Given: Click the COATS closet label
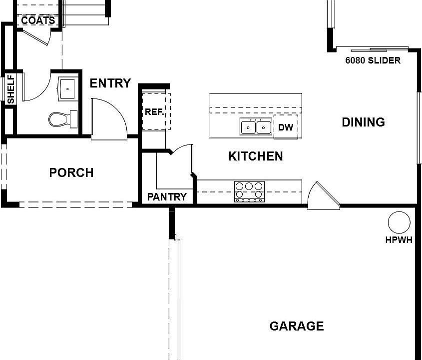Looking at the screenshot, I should click(38, 21).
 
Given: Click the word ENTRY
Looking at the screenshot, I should click(110, 83).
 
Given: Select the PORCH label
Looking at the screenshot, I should click(71, 173).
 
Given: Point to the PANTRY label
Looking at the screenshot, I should click(167, 197).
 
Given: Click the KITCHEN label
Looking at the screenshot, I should click(255, 156).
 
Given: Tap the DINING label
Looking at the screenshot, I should click(363, 122).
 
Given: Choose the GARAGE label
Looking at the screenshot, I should click(297, 326).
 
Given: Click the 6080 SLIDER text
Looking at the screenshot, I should click(373, 60).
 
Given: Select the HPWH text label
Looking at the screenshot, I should click(399, 240).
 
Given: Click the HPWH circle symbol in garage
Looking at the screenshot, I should click(399, 222).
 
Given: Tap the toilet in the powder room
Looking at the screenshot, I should click(62, 119).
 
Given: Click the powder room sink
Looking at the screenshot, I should click(66, 88).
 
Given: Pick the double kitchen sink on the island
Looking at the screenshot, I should click(256, 127).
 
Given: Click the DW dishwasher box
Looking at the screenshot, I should click(286, 127).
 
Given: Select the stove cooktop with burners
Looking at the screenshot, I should click(249, 191).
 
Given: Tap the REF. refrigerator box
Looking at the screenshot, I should click(155, 112).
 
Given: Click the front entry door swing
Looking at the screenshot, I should click(107, 118).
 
